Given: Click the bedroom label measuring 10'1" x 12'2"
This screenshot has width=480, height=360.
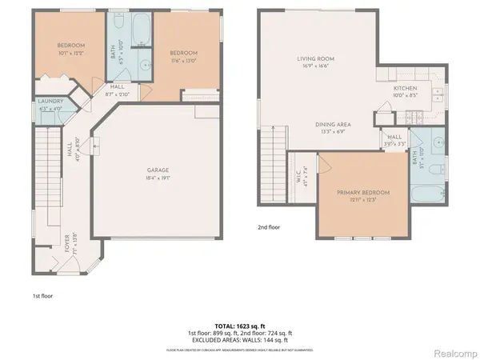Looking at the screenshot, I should pos(70,50).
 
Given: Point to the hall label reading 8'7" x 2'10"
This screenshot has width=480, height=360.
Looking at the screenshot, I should pos(118,90).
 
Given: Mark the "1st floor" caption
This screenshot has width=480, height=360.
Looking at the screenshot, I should pos(42,296).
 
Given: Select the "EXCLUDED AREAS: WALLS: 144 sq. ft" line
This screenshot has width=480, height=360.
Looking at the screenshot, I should pos(239,340).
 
